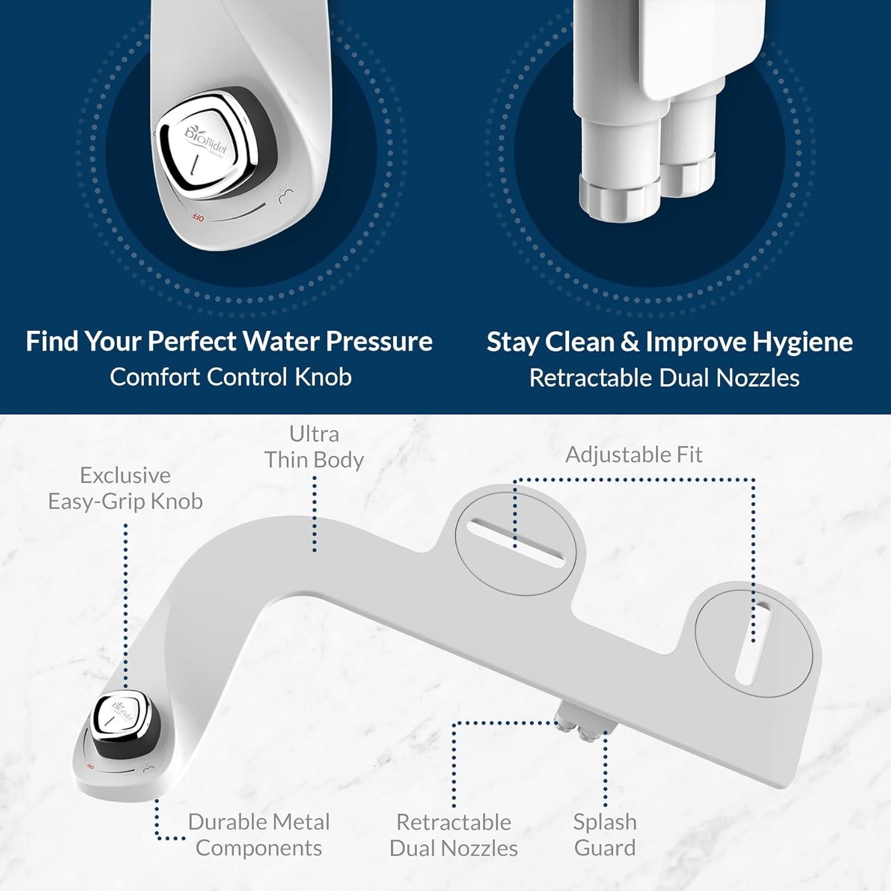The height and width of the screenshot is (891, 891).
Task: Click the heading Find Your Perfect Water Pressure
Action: [229, 342]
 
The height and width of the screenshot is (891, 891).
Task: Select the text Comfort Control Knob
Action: [230, 377]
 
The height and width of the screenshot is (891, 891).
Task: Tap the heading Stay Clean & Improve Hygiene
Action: [669, 342]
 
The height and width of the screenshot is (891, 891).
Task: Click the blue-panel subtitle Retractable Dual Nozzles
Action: [664, 378]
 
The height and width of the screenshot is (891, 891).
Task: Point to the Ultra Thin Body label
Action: [314, 447]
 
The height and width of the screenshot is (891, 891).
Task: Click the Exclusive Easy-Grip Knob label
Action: [125, 488]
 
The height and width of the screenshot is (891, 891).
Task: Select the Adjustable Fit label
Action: [634, 455]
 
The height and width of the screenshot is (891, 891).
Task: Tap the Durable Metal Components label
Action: [259, 835]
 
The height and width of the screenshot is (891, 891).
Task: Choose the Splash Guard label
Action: [605, 835]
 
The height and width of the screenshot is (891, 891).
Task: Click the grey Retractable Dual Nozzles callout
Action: [454, 835]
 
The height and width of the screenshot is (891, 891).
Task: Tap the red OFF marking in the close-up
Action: [197, 218]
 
